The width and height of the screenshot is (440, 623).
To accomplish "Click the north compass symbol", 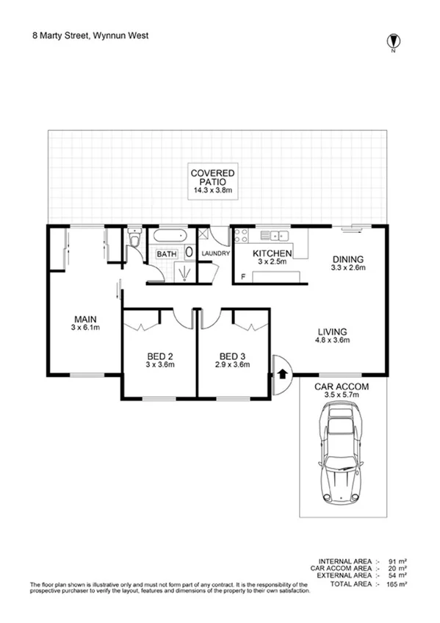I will [x=393, y=41].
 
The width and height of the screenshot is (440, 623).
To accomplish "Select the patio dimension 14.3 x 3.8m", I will [x=212, y=190].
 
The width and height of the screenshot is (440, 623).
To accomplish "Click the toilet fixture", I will [x=134, y=238].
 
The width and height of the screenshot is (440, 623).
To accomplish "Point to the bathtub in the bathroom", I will [x=170, y=237].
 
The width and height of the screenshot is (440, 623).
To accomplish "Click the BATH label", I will [x=166, y=254].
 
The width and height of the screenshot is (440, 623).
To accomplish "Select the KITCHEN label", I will [x=274, y=254].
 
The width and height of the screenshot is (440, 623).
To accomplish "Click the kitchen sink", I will [x=278, y=236].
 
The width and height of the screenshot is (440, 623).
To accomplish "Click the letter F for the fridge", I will [x=242, y=277].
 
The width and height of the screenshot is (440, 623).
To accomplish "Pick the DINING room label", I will [x=348, y=259].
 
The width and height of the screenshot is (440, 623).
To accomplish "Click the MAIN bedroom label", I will [x=85, y=318].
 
